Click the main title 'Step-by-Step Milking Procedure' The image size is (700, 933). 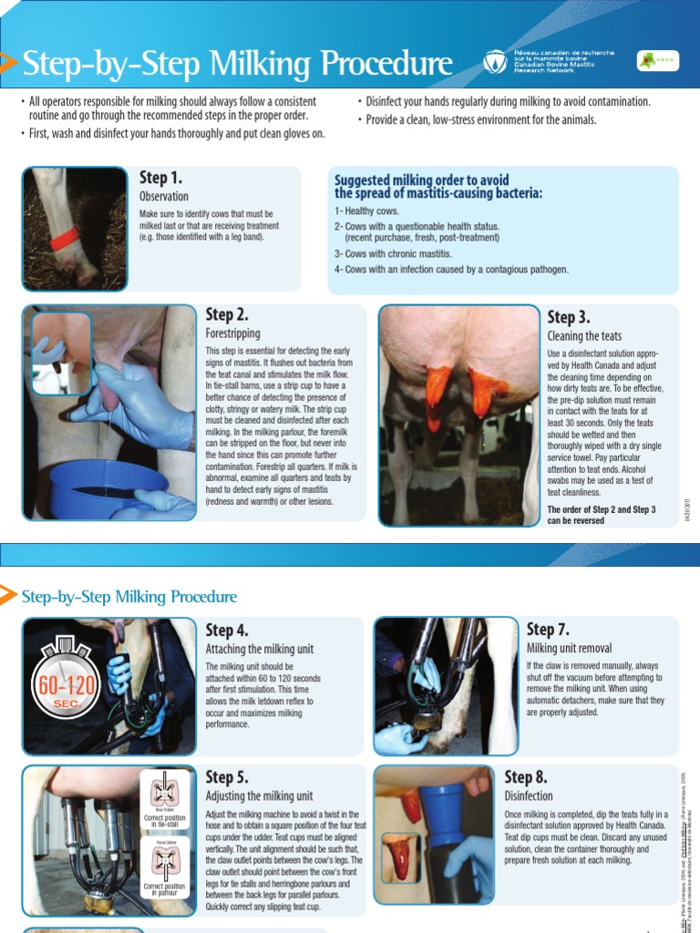(x=237, y=64)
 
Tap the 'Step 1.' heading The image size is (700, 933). (x=160, y=178)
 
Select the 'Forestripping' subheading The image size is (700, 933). (x=234, y=334)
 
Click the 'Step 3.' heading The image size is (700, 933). (x=569, y=317)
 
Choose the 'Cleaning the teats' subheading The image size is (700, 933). (x=584, y=336)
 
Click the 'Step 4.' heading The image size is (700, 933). (x=227, y=630)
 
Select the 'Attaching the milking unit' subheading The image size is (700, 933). (x=259, y=649)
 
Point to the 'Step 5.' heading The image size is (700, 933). (x=227, y=776)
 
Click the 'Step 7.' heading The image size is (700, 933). (x=549, y=630)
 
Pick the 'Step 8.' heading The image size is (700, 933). (x=526, y=776)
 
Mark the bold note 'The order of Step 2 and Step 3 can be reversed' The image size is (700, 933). (x=601, y=515)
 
